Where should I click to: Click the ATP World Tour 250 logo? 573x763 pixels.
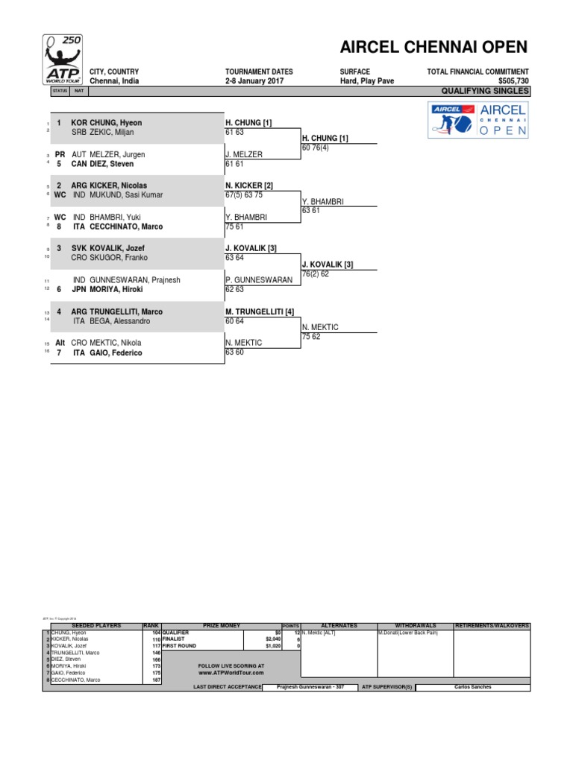[62, 60]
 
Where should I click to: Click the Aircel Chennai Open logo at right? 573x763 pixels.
[478, 119]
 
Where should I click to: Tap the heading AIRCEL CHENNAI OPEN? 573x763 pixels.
[433, 48]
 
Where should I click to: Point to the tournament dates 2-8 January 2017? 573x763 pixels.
[259, 81]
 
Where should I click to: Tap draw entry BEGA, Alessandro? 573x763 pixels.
[122, 320]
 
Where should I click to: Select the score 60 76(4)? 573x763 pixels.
[319, 148]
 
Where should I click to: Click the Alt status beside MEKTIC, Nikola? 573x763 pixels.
[60, 343]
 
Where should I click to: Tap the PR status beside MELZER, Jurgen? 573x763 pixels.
[60, 154]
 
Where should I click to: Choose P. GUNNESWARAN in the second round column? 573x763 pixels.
[259, 280]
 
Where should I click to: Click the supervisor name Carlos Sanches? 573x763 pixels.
[472, 687]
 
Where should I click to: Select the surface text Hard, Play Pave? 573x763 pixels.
[366, 81]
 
